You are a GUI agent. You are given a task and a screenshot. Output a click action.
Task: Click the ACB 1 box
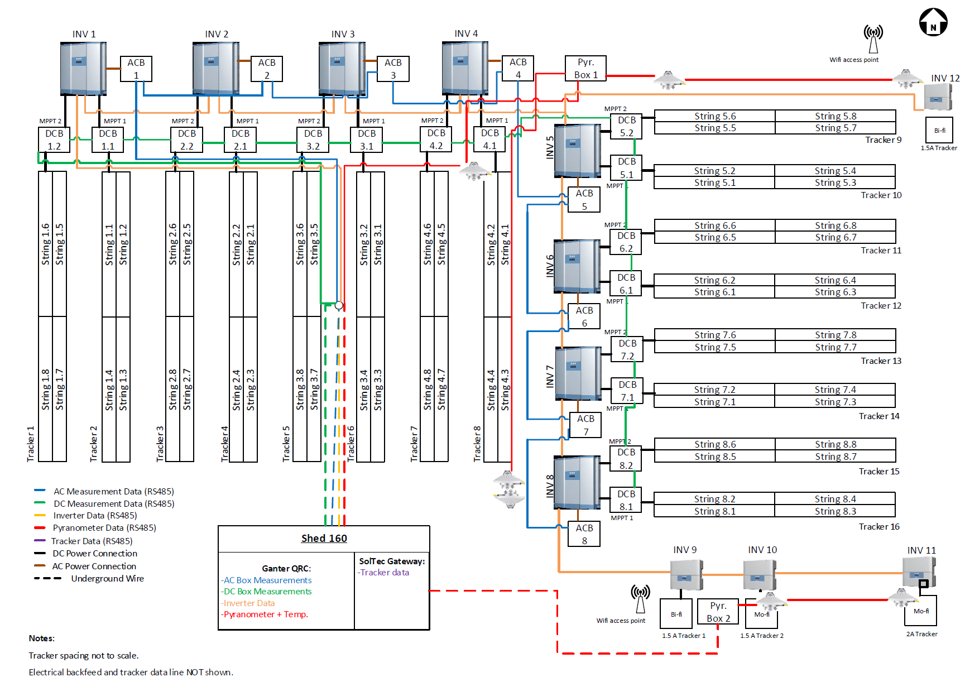click(136, 69)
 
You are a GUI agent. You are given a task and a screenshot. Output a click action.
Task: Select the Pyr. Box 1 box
click(585, 69)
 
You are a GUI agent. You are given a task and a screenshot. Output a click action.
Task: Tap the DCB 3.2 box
click(313, 140)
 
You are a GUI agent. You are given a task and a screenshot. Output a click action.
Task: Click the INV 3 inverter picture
click(342, 69)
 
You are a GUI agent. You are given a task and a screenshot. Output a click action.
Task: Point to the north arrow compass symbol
click(933, 22)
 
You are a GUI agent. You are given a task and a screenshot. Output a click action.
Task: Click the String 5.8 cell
click(835, 116)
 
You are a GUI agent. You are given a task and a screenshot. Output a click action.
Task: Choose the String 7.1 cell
click(714, 402)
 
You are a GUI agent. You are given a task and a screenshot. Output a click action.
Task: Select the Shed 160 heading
click(324, 539)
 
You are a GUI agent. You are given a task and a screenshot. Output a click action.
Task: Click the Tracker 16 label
click(878, 527)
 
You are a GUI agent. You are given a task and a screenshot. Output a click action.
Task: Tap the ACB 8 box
click(584, 534)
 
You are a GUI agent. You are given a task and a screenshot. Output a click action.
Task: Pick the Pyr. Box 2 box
click(718, 612)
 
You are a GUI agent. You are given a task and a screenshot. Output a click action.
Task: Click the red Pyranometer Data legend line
click(40, 527)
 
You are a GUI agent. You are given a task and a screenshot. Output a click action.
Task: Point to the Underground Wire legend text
click(107, 579)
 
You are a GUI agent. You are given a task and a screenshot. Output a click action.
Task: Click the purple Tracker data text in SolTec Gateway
click(384, 573)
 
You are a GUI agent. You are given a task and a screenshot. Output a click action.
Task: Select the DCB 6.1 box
click(626, 284)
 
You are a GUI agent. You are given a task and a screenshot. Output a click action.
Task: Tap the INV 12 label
click(945, 78)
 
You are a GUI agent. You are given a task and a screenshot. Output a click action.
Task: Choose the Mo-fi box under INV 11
click(920, 611)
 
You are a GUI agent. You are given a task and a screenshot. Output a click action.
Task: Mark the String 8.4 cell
click(835, 499)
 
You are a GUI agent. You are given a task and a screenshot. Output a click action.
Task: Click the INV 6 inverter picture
click(577, 266)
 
